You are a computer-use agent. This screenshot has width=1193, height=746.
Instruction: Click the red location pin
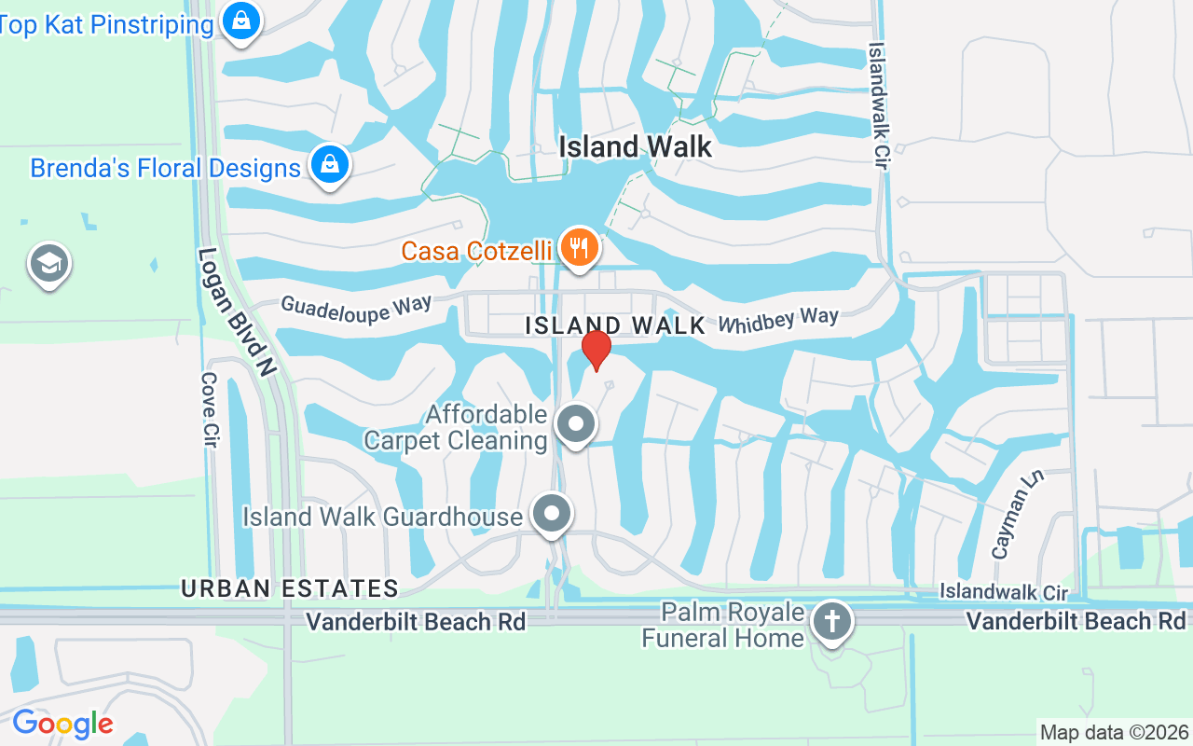pyautogui.click(x=596, y=349)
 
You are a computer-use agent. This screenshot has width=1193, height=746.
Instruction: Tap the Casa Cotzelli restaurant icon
pyautogui.click(x=580, y=247)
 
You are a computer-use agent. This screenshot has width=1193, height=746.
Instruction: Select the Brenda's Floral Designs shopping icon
pyautogui.click(x=329, y=165)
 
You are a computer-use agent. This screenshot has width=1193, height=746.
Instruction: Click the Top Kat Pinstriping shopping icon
pyautogui.click(x=241, y=20)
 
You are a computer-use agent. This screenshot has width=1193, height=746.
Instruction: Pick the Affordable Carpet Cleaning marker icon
pyautogui.click(x=576, y=424)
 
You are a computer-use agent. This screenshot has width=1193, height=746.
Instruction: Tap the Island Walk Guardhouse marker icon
pyautogui.click(x=552, y=513)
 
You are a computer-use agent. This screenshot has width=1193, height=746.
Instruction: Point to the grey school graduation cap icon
pyautogui.click(x=48, y=264)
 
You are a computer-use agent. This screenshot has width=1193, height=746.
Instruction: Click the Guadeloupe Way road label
pyautogui.click(x=356, y=309)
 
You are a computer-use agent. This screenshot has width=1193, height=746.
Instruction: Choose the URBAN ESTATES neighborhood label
pyautogui.click(x=290, y=588)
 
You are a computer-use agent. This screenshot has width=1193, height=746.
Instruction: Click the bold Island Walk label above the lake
pyautogui.click(x=635, y=146)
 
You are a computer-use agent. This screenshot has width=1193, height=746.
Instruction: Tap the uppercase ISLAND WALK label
pyautogui.click(x=615, y=325)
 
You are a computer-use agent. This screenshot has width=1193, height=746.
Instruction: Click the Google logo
pyautogui.click(x=62, y=724)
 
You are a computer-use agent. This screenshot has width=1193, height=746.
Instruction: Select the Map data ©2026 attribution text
pyautogui.click(x=1114, y=732)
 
